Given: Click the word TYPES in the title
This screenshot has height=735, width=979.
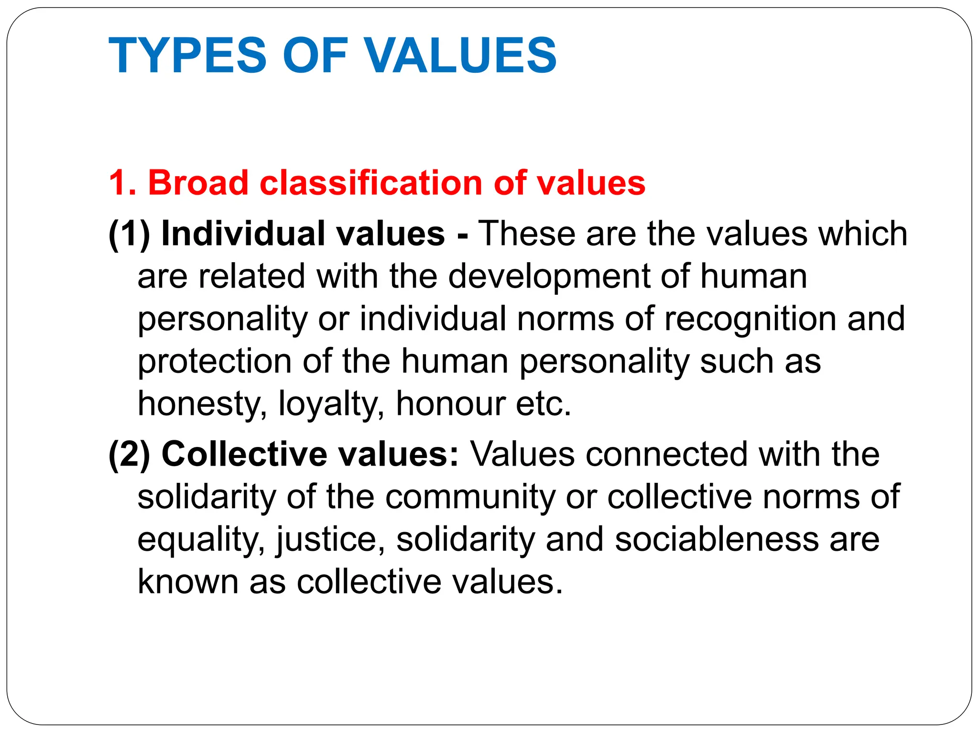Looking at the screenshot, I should coord(187,56).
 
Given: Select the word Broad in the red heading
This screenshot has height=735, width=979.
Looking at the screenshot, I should coord(198,183).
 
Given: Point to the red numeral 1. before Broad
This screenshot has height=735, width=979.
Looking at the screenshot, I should coord(122,183).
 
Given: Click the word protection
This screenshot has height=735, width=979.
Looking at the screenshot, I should coord(214,362).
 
